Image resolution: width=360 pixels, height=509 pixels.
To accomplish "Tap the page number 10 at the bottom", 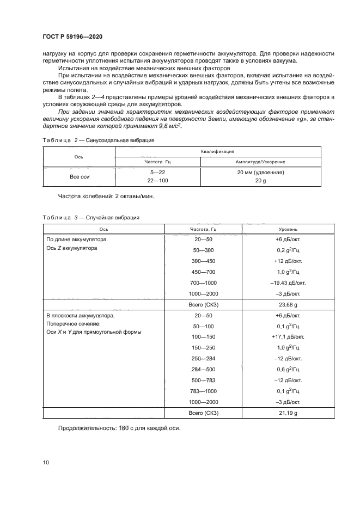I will coord(46,462).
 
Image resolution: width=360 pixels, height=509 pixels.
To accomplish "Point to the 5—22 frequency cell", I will coord(157,173).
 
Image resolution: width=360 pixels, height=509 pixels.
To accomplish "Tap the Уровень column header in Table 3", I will coord(288,229).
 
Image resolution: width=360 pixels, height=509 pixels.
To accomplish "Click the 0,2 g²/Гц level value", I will coord(288,250).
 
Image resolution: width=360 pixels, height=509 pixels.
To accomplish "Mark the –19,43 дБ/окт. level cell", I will coord(288,283).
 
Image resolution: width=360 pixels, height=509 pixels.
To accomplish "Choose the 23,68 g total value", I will coord(288,304).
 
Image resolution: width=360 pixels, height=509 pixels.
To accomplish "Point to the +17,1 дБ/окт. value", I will coord(288,337).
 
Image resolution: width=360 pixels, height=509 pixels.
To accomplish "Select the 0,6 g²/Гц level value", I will coord(288,370).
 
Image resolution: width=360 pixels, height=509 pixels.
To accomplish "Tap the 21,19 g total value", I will coord(288,413).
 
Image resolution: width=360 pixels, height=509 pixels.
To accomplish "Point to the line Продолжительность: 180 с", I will coord(119,427).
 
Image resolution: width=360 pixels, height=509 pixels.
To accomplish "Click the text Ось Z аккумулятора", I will coord(71,248).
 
